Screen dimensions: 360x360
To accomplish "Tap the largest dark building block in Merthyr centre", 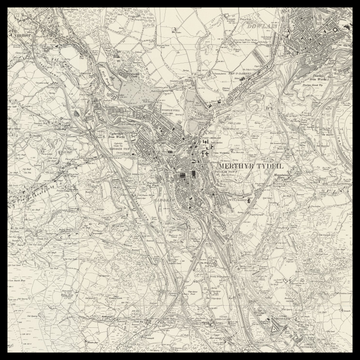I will [x=186, y=185].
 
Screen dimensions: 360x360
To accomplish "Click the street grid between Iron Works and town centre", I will [x=150, y=150].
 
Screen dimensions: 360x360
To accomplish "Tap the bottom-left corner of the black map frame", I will [x=3, y=356].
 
